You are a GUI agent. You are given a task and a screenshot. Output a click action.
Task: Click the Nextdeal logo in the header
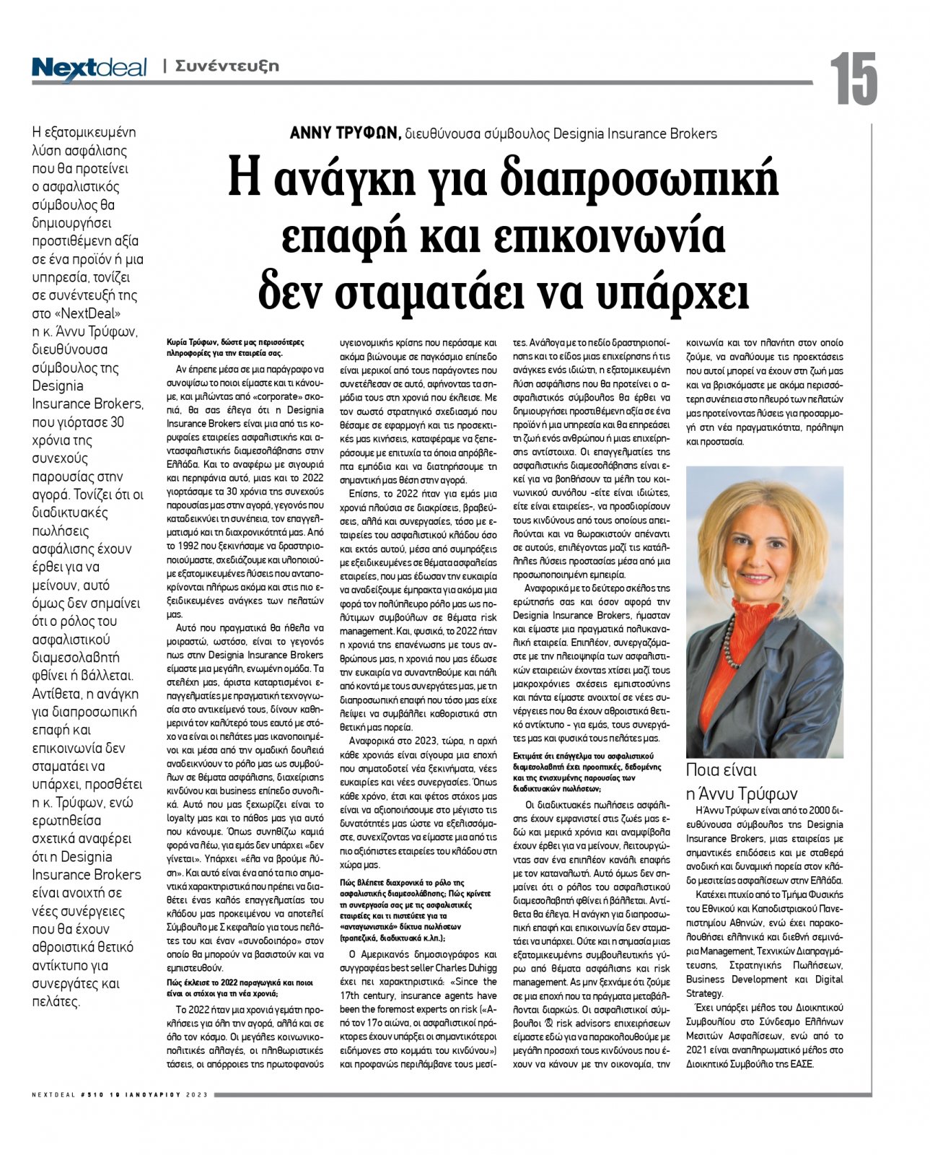coord(89,68)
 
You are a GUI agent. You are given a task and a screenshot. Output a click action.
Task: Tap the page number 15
coord(854,79)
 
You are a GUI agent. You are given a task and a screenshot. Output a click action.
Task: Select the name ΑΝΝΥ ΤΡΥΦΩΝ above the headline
coord(345,133)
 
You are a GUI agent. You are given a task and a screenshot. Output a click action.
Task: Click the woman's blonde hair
coord(762,505)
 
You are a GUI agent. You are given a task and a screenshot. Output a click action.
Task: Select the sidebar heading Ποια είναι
coord(721,769)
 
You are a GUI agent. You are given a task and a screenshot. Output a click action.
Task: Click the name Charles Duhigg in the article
coord(457,968)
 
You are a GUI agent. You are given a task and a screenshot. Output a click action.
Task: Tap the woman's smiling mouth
coord(756,578)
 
